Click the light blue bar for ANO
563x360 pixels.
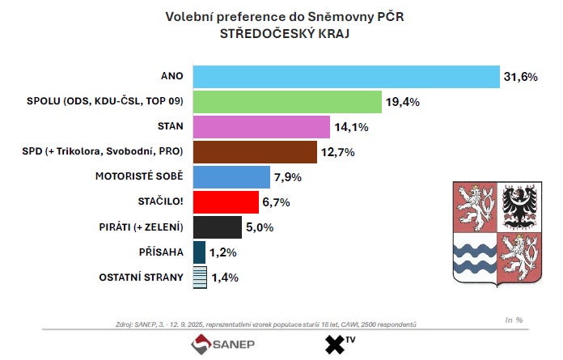point(345,76)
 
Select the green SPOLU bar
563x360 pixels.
point(286,102)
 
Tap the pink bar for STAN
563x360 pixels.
point(260,127)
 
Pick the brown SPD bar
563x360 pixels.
point(256,151)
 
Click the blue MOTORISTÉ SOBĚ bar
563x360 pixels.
point(231,176)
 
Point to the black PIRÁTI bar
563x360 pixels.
point(218,227)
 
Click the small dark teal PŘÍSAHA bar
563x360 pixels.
point(199,252)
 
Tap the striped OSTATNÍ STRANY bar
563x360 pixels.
point(199,277)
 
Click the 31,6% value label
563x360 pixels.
point(522,77)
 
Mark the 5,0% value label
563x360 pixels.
point(260,227)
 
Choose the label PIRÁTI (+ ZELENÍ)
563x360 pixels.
point(140,227)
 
